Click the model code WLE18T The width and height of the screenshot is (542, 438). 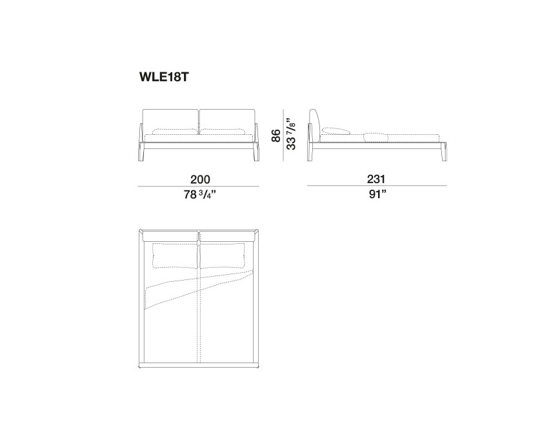pos(164,77)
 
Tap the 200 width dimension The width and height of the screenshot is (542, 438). pos(200,179)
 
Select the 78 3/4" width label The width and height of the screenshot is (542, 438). pos(200,195)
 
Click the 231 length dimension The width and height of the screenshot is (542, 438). pos(376,179)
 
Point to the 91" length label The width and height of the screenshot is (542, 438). pos(377,194)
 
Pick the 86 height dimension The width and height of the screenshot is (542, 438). pos(276,135)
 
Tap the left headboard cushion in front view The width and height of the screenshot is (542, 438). pos(171,121)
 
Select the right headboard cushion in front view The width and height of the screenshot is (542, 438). pos(228,121)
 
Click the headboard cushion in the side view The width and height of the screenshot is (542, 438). pos(315,125)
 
